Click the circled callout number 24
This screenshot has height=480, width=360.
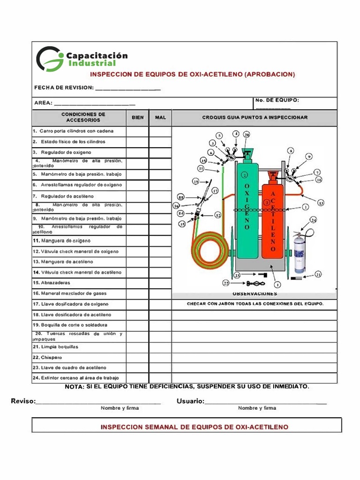point(314,220)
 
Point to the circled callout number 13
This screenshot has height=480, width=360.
point(321,203)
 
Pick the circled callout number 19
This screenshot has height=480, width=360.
point(196,181)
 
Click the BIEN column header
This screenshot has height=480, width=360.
point(137,118)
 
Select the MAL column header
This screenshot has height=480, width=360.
point(160,118)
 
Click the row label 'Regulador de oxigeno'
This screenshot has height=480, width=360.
point(66,153)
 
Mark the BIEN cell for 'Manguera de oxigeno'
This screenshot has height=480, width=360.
point(137,240)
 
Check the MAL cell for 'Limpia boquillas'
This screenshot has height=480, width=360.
point(160,347)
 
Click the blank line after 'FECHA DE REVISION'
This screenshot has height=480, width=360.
point(127,88)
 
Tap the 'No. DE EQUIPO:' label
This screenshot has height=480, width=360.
point(277,100)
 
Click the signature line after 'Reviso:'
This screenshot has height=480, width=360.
point(98,401)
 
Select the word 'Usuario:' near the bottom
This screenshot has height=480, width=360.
point(190,401)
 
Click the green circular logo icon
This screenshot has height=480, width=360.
point(50,59)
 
